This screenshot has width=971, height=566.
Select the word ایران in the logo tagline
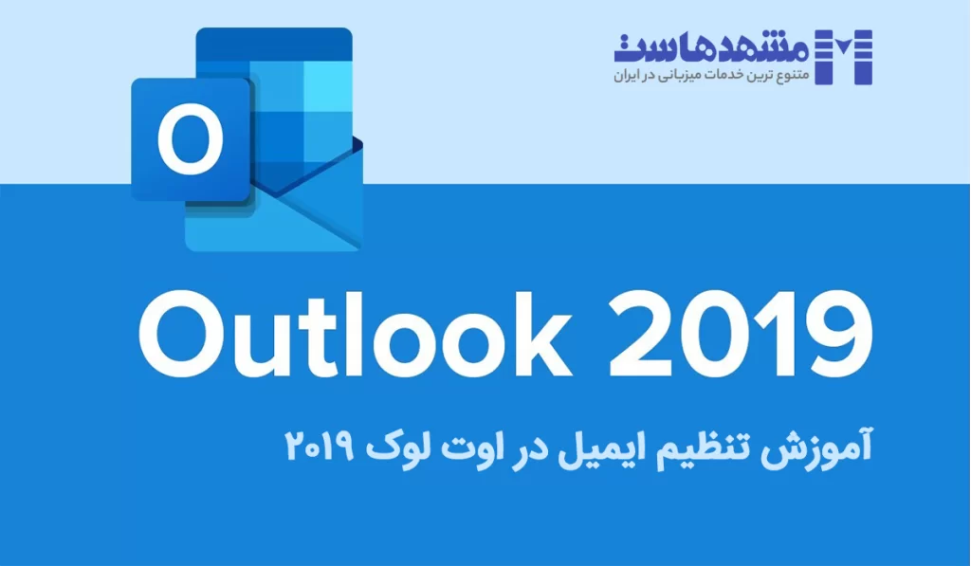pyautogui.click(x=630, y=73)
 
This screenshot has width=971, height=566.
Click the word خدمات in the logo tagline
pyautogui.click(x=733, y=73)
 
